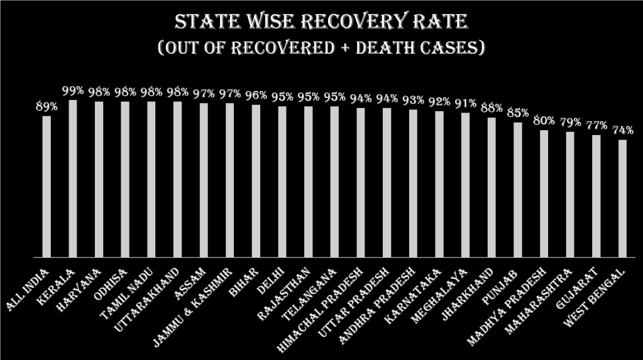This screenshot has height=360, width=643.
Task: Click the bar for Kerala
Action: pyautogui.click(x=73, y=178)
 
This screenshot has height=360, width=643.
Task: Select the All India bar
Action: pyautogui.click(x=47, y=187)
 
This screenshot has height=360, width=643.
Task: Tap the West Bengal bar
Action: pyautogui.click(x=622, y=199)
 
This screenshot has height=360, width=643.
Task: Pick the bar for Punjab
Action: pyautogui.click(x=517, y=190)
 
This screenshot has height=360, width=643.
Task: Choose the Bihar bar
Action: pyautogui.click(x=256, y=181)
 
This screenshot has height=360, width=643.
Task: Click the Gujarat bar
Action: pyautogui.click(x=596, y=196)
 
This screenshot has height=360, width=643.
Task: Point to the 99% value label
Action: pyautogui.click(x=73, y=91)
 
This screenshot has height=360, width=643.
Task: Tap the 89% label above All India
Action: pyautogui.click(x=47, y=107)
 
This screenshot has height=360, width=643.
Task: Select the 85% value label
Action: pyautogui.click(x=517, y=114)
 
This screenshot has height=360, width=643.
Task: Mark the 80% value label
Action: pyautogui.click(x=544, y=121)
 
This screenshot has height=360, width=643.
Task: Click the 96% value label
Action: pyautogui.click(x=256, y=95)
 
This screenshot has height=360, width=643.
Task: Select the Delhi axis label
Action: pyautogui.click(x=275, y=279)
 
